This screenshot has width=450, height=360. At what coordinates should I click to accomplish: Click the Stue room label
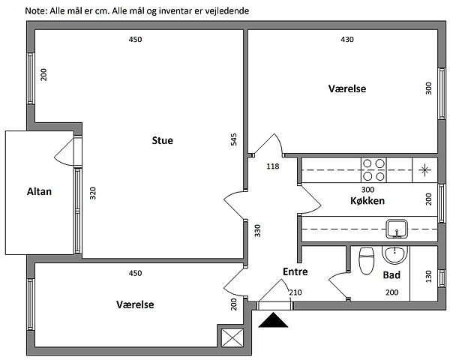coord(163,140)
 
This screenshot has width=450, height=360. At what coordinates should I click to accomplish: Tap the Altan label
coord(39,191)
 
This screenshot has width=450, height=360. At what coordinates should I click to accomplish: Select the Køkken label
coord(367,202)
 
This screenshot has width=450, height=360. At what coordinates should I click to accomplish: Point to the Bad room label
coord(391,275)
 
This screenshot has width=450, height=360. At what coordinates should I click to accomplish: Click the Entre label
coord(295,271)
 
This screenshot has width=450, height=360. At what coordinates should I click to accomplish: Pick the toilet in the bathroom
coord(367,261)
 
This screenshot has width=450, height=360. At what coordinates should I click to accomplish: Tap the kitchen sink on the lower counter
coord(395,226)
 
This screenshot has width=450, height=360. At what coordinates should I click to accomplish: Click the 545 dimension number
coord(234,139)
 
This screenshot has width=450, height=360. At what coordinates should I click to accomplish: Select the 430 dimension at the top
coord(347,40)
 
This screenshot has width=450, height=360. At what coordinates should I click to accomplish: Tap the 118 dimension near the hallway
coord(273,166)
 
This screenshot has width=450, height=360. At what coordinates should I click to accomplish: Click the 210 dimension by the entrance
coord(295,293)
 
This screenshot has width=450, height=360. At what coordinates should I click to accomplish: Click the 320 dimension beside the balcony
coord(94,193)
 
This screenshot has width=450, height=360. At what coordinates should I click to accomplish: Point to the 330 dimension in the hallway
coord(257,230)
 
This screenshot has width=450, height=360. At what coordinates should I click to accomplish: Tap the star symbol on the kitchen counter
coord(425,170)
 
